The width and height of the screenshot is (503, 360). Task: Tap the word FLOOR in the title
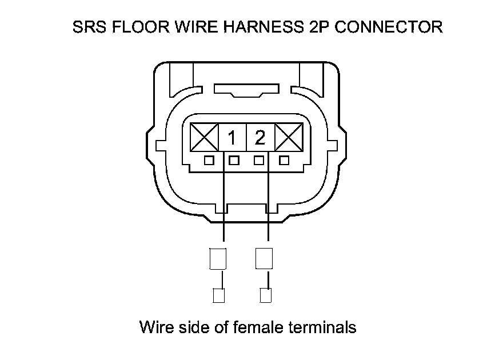(x=133, y=27)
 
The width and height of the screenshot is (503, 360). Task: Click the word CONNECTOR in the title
(x=388, y=27)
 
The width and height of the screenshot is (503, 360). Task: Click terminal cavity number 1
(x=232, y=138)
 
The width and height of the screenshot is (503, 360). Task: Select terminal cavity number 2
(x=260, y=138)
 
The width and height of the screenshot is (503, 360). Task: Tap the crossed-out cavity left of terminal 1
(x=204, y=138)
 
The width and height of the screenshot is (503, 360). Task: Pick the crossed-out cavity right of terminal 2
(x=288, y=138)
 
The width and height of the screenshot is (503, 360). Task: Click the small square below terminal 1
(x=233, y=161)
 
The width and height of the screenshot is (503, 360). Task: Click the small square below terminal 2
(x=259, y=161)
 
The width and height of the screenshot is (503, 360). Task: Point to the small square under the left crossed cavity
(x=209, y=161)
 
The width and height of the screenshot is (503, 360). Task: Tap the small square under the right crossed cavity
(x=284, y=161)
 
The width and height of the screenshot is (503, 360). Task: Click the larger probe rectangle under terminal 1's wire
(x=218, y=258)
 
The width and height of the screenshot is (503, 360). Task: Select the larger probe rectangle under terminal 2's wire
(x=264, y=258)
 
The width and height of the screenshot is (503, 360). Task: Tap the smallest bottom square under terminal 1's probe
(x=218, y=295)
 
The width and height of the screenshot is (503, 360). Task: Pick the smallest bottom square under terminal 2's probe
(x=265, y=295)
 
